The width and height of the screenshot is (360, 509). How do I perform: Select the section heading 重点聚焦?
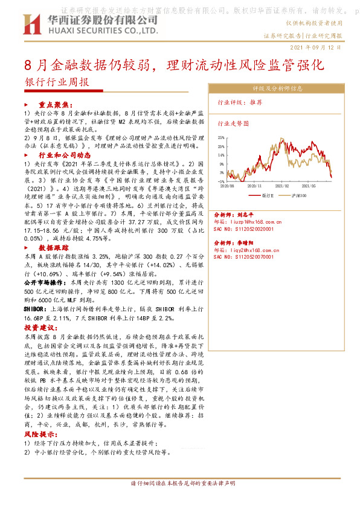[55, 104]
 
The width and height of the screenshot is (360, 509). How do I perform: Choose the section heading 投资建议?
[38, 325]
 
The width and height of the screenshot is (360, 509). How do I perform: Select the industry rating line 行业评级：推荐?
[240, 103]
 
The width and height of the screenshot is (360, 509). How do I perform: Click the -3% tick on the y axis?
[222, 181]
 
